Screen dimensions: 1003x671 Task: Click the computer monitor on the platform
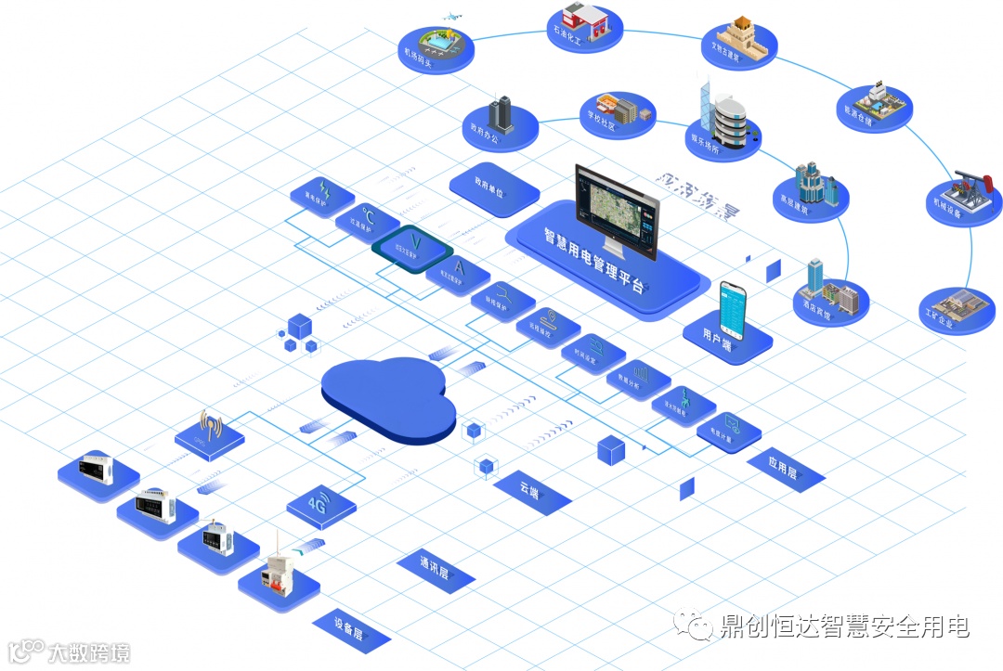pyautogui.click(x=616, y=212)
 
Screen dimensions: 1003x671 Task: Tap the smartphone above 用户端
pyautogui.click(x=734, y=309)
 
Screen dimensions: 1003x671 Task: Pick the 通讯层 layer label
pyautogui.click(x=435, y=567)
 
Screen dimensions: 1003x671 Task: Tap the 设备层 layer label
pyautogui.click(x=349, y=627)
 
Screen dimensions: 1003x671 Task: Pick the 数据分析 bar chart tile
pyautogui.click(x=637, y=379)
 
